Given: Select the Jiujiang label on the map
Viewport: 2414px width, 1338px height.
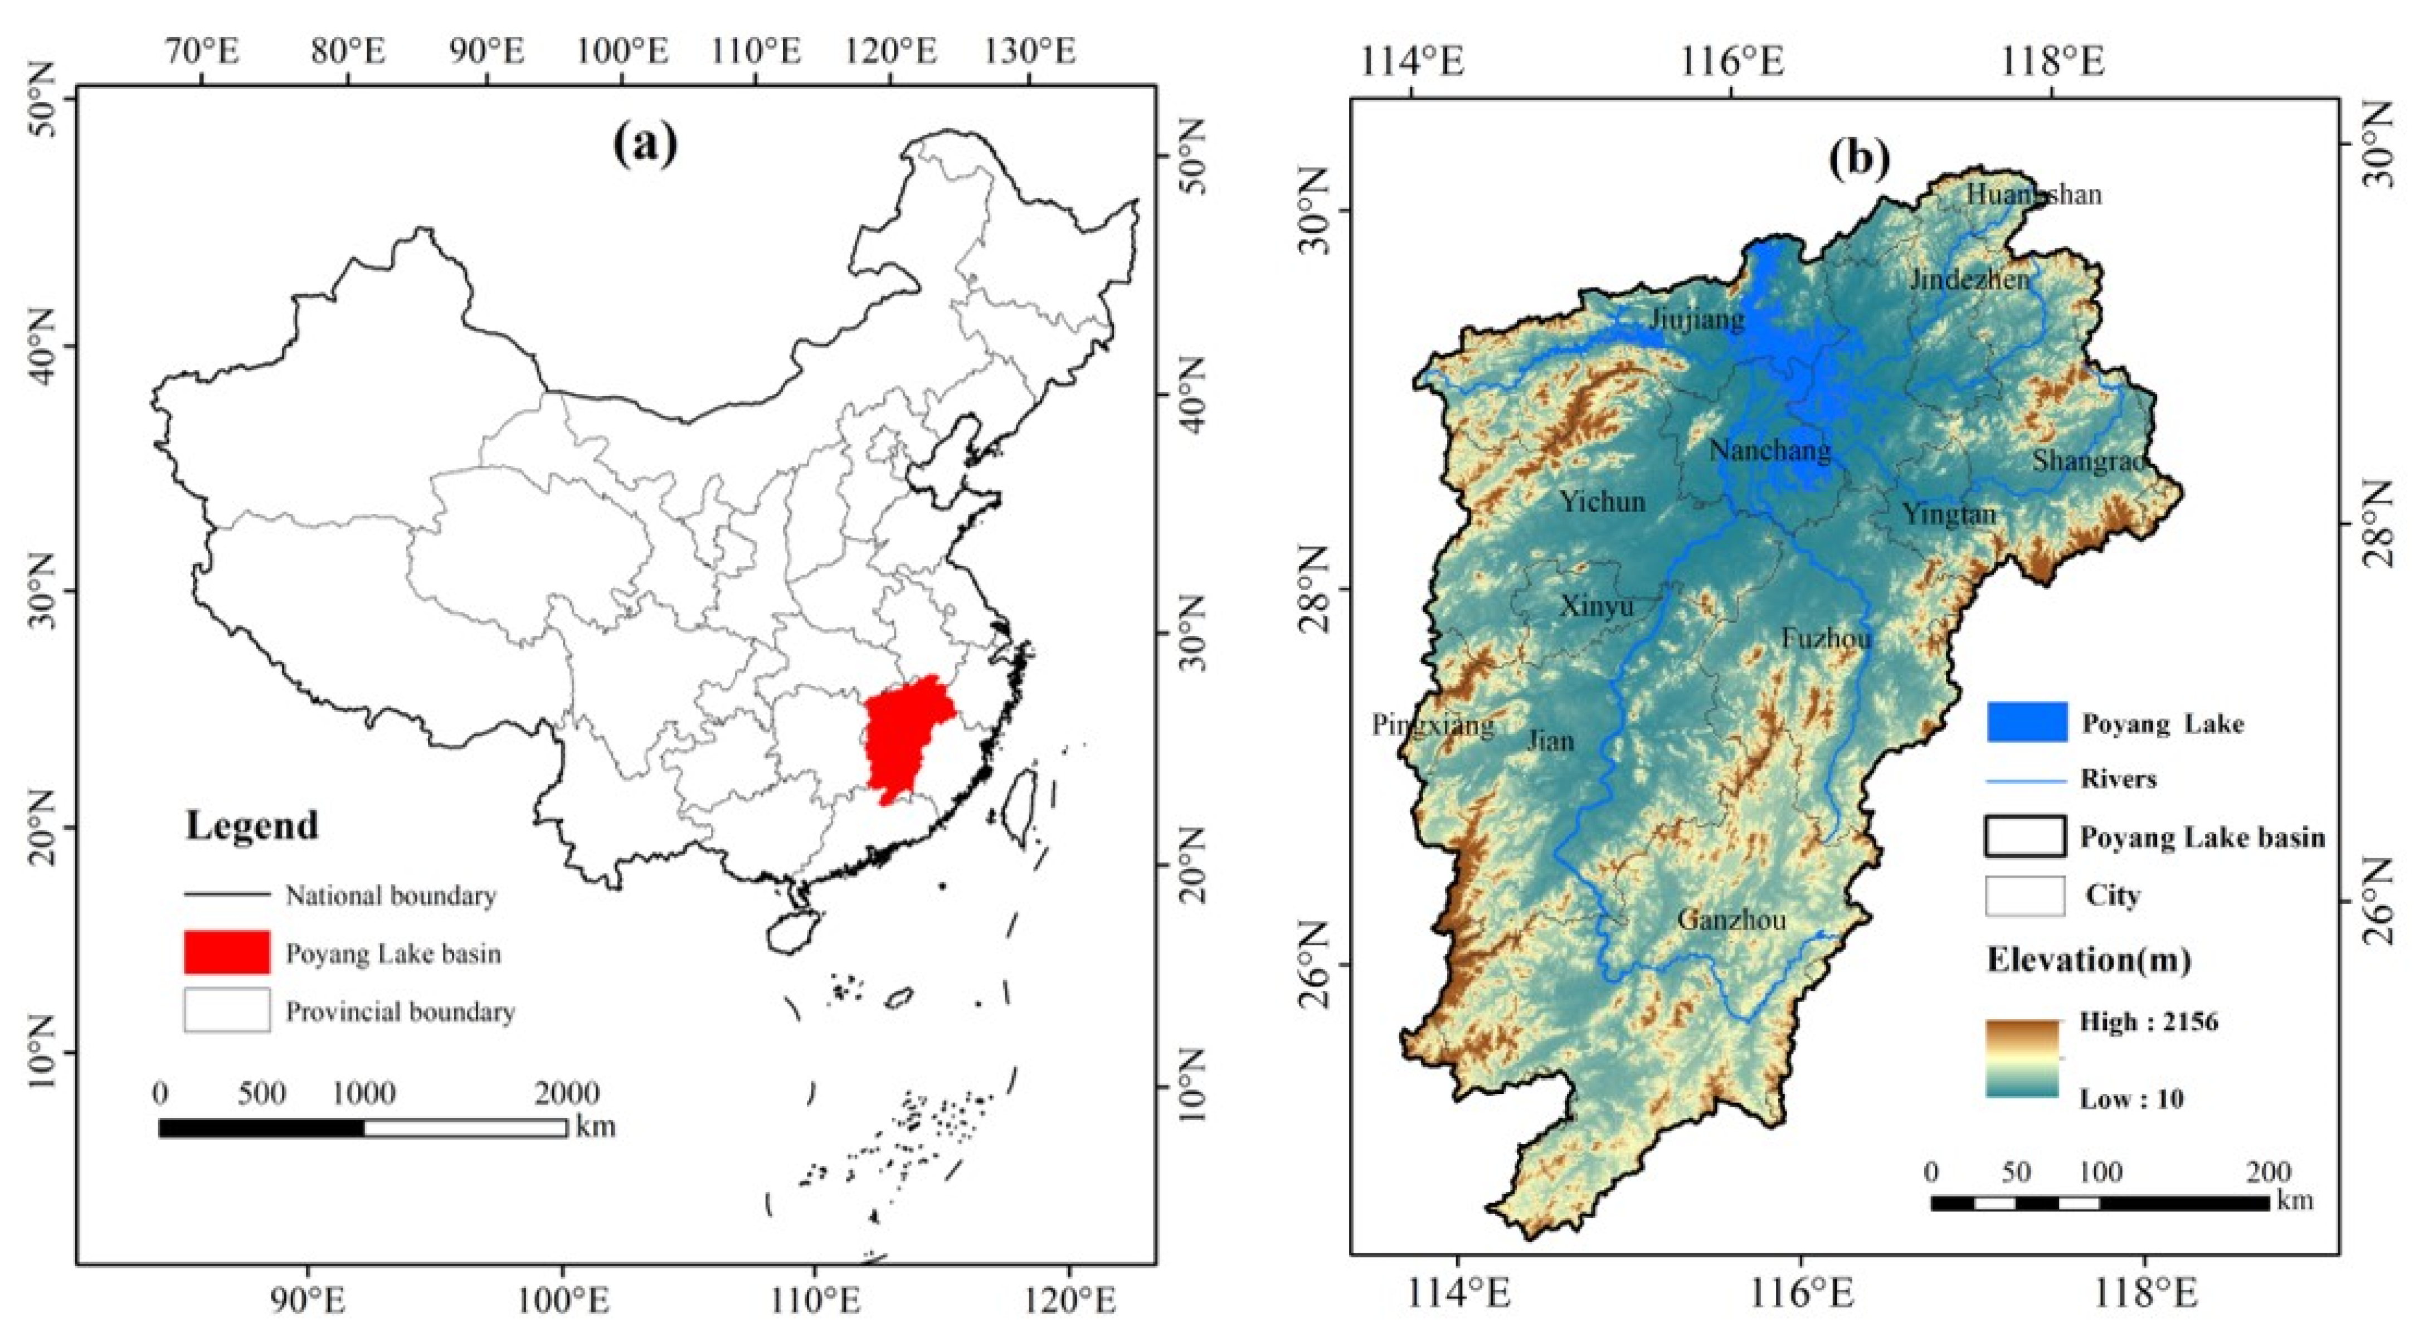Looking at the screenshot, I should (1697, 319).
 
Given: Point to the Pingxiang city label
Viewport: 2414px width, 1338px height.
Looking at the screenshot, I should (1433, 724).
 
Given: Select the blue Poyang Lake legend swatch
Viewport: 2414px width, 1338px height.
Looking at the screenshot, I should (2026, 722).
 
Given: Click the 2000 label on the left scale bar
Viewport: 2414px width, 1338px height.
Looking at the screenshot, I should (567, 1092).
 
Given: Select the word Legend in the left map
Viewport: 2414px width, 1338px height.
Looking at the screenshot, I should (252, 825).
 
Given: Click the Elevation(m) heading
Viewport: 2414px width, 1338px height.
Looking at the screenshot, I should (2089, 960).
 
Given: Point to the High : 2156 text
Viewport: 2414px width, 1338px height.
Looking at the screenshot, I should (2149, 1021).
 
